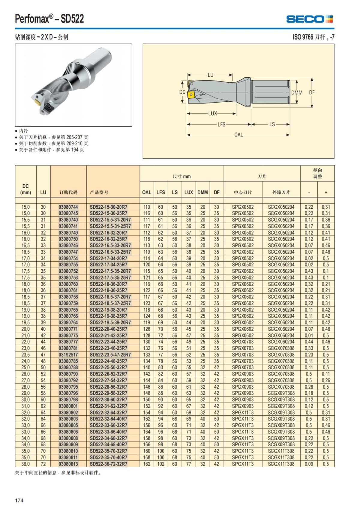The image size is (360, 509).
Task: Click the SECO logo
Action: [x=309, y=19]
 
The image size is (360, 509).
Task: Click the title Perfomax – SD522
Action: [x=49, y=19]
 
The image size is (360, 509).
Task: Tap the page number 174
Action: [x=19, y=500]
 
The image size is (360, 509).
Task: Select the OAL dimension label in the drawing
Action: [x=238, y=135]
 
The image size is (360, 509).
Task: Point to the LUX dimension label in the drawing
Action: [x=212, y=114]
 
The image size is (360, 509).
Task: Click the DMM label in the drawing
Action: [x=297, y=93]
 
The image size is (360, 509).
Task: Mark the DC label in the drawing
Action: [x=182, y=92]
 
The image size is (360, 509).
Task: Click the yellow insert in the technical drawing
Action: [x=191, y=95]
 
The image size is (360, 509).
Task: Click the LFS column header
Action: [x=160, y=192]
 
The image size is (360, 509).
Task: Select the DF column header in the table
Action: [x=217, y=192]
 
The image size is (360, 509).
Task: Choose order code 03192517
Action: [x=68, y=355]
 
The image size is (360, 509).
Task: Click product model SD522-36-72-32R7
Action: [x=109, y=464]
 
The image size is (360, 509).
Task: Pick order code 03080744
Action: [x=68, y=207]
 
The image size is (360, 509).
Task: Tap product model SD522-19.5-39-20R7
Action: [x=110, y=322]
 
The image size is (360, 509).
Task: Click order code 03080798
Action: [x=68, y=400]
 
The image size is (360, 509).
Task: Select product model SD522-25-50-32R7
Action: [x=109, y=367]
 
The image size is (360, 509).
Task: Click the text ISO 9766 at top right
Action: [x=303, y=37]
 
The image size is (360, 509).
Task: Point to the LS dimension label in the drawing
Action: [x=272, y=124]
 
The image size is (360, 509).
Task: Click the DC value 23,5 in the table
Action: [x=25, y=355]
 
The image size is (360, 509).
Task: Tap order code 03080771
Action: [x=68, y=329]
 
